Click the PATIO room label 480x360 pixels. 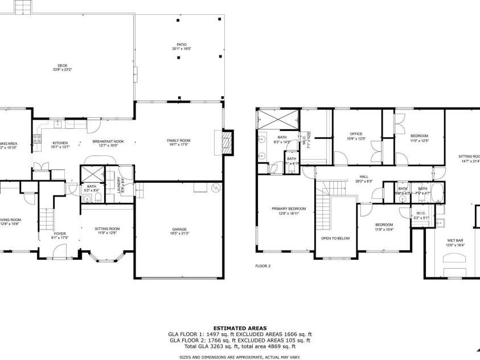(x=182, y=44)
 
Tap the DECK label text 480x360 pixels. (x=55, y=65)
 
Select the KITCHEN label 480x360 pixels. (x=60, y=142)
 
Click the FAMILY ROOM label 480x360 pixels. (x=178, y=140)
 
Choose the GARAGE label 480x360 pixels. (x=179, y=229)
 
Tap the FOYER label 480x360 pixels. (x=60, y=234)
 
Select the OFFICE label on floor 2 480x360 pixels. (x=356, y=134)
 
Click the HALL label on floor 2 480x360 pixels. (x=364, y=177)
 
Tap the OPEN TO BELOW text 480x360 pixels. (x=335, y=238)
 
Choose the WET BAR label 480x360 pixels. (x=455, y=240)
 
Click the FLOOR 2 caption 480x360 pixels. (x=262, y=265)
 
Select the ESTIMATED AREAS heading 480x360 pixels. (x=240, y=328)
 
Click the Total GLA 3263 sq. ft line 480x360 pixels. (x=240, y=346)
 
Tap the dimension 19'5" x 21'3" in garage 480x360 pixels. (x=179, y=234)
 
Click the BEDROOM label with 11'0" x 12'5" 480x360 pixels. (x=419, y=136)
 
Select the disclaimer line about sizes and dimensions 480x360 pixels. (x=240, y=356)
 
